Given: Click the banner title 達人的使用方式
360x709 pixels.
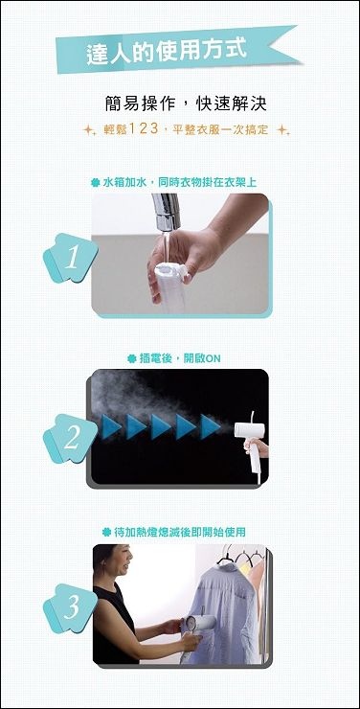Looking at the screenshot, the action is [167, 51].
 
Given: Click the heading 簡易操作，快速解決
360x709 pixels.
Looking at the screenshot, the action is [185, 104].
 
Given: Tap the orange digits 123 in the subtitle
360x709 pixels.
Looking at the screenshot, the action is [144, 129].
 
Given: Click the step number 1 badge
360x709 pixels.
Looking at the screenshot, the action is [71, 259].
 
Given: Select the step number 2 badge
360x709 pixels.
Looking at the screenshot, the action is [71, 439].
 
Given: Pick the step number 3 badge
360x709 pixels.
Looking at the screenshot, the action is [71, 608].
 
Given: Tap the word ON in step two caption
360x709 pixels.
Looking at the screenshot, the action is [213, 359].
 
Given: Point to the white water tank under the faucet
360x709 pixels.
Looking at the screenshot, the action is [170, 286].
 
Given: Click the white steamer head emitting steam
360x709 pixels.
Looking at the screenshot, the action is [249, 429].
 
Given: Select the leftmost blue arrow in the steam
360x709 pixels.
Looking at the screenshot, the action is [112, 427].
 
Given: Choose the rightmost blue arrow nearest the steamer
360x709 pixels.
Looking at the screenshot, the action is [211, 427].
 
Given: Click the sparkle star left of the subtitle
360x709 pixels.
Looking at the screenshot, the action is [89, 130].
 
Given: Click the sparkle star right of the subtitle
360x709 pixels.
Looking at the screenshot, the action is [282, 130].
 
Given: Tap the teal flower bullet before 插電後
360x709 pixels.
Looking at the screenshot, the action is [131, 359].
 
